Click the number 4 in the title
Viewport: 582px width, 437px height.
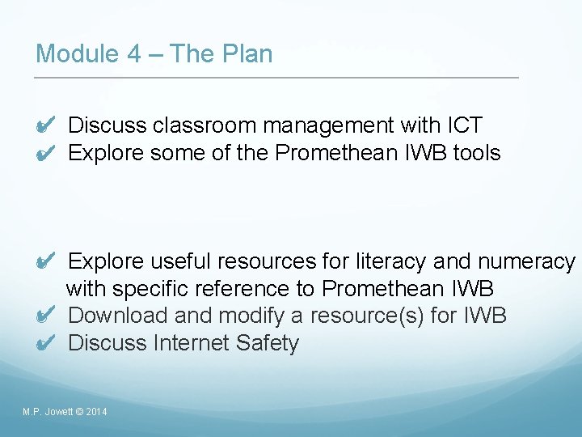pyautogui.click(x=134, y=54)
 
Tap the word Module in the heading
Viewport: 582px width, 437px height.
pyautogui.click(x=76, y=54)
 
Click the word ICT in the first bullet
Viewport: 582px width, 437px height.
pyautogui.click(x=464, y=125)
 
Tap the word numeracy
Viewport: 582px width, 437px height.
pyautogui.click(x=526, y=262)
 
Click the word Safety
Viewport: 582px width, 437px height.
pyautogui.click(x=268, y=343)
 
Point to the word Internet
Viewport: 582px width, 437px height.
pyautogui.click(x=192, y=343)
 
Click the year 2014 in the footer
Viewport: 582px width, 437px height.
pyautogui.click(x=96, y=413)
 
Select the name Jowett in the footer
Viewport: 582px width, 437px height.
pyautogui.click(x=57, y=413)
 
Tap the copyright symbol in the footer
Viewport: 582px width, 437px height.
pyautogui.click(x=78, y=413)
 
